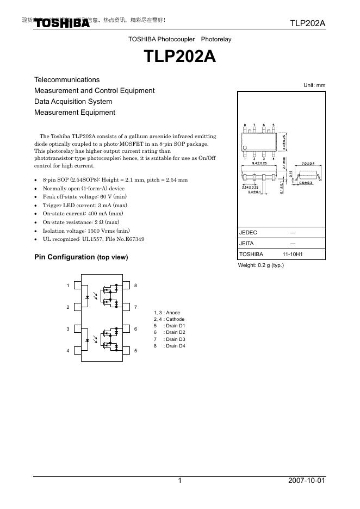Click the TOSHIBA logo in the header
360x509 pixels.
coord(63,23)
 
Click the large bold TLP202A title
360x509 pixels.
coord(179,57)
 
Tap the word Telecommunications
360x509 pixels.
coord(67,80)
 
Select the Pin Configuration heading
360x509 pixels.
coord(81,257)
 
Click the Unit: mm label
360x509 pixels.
coord(314,85)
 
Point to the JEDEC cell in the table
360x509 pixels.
coord(248,233)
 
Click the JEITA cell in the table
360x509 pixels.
coord(247,244)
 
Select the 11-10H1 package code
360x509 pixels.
coord(293,254)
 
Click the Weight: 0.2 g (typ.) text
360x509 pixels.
coord(261,265)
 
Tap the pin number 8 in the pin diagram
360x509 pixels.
coord(135,285)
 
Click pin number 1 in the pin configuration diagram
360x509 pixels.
coord(68,285)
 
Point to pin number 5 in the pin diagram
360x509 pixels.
coord(135,351)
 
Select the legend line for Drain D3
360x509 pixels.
coord(170,339)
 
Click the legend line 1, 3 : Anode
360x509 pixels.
coord(167,313)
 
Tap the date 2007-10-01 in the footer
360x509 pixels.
coord(307,481)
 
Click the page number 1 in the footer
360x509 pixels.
coord(179,481)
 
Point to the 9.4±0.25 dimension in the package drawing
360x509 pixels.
coord(259,163)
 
